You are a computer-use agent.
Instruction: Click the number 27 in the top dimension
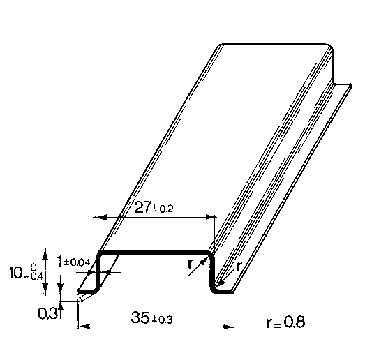pos(142,207)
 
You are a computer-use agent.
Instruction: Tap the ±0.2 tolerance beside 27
pos(163,209)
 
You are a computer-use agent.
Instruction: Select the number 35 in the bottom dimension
pos(140,317)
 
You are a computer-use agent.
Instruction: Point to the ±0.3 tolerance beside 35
pos(162,320)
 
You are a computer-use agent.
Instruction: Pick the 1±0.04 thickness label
pos(73,262)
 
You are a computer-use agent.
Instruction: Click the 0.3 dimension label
pos(47,313)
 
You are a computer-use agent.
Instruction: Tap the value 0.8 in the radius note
pos(295,322)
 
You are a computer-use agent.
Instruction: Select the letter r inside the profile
pos(191,264)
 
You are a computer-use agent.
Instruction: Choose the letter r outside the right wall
pos(239,267)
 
